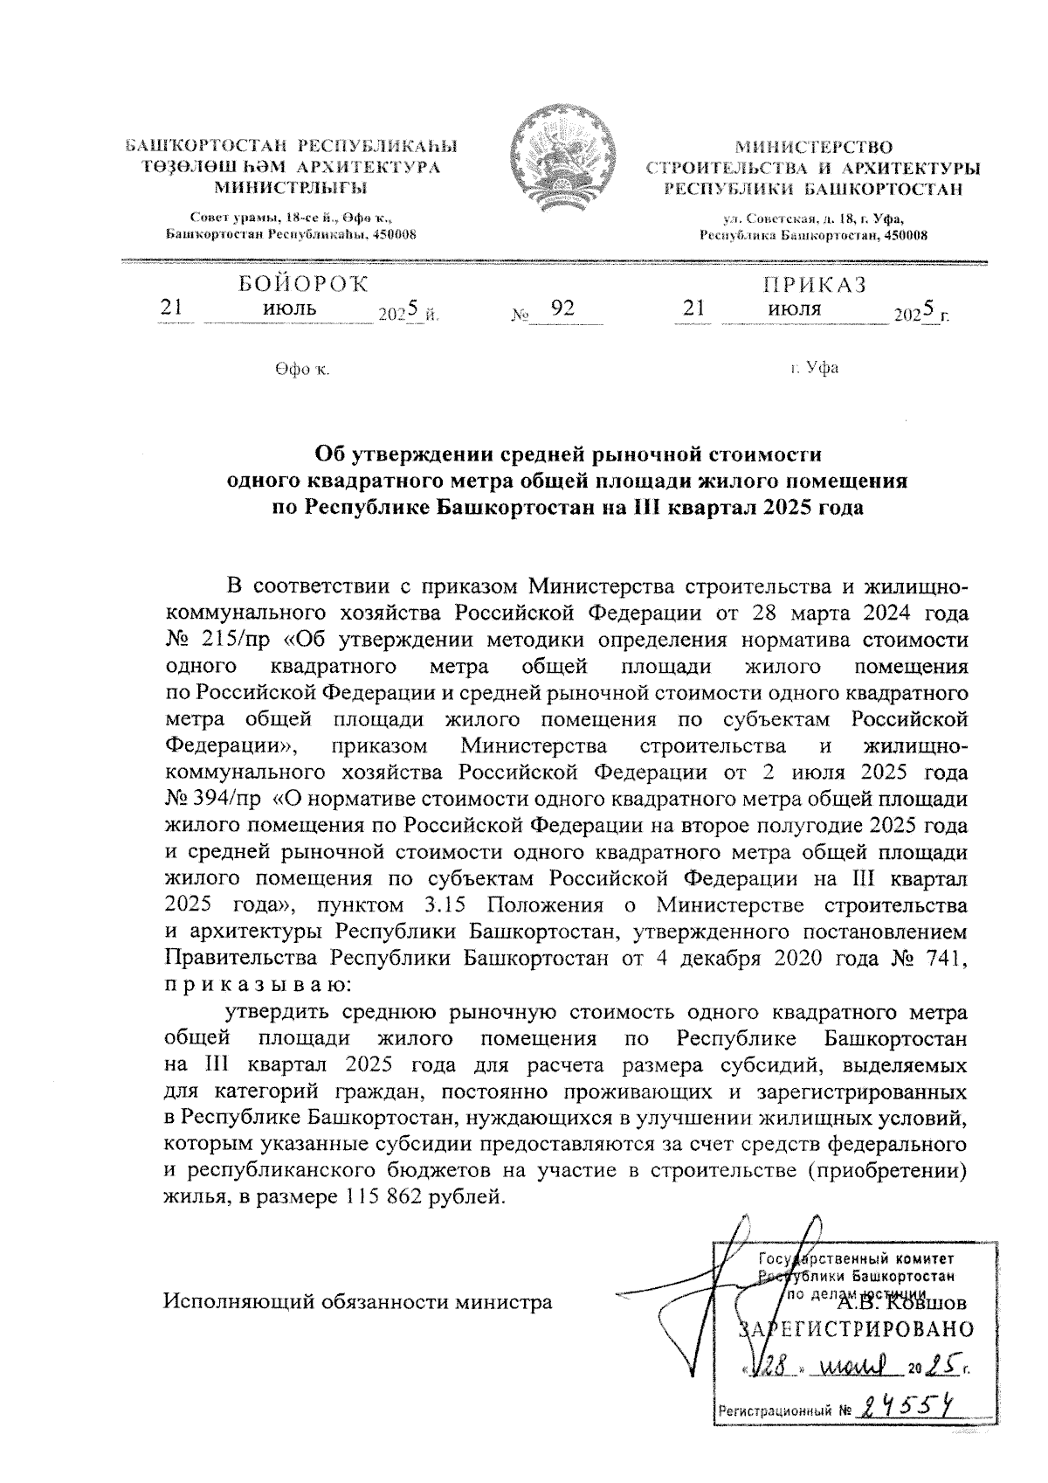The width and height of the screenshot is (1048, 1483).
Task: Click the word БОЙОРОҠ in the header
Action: (302, 284)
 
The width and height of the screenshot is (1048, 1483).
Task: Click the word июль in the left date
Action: (290, 308)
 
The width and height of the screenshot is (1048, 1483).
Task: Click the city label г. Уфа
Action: (814, 368)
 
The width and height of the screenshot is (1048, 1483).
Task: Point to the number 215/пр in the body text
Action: (223, 639)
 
